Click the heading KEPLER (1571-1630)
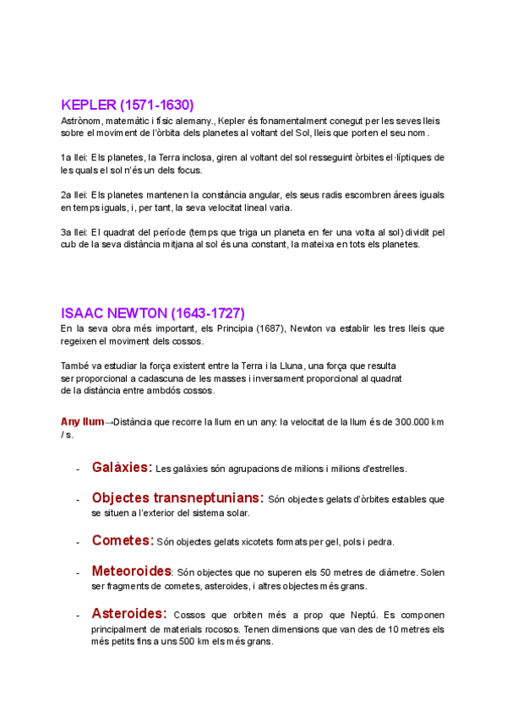[128, 106]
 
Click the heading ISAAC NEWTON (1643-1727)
[153, 313]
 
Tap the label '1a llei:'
[74, 158]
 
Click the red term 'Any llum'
[82, 421]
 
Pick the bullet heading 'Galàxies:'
[122, 467]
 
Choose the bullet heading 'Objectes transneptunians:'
[177, 498]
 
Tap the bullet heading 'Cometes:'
[123, 540]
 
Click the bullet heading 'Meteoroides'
[131, 572]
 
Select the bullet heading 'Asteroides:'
[128, 614]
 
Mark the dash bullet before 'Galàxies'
[78, 469]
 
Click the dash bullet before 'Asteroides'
[78, 616]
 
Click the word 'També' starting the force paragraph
[75, 366]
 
